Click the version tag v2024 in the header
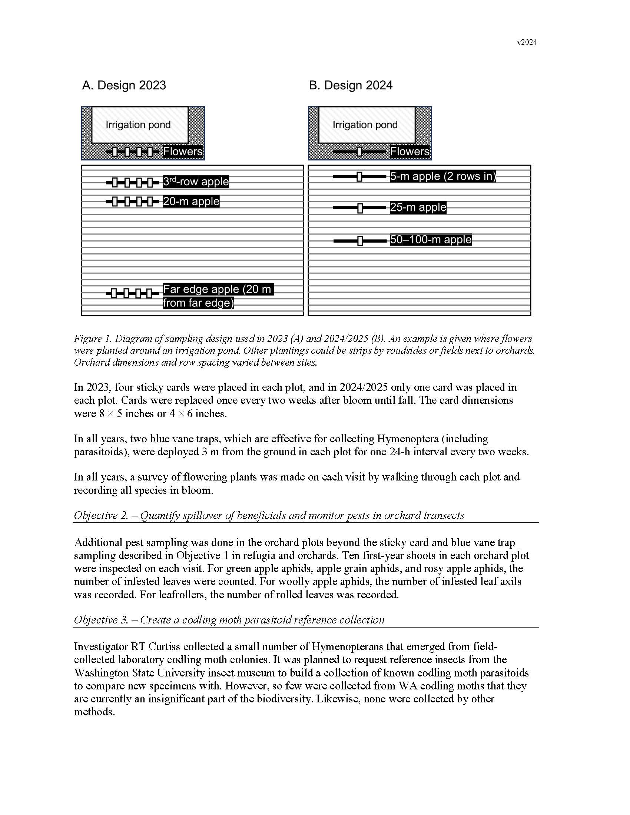point(527,43)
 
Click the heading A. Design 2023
point(124,86)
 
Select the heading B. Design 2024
point(351,86)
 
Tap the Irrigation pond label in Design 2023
point(138,124)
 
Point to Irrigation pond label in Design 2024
point(365,124)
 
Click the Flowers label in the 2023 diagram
point(182,152)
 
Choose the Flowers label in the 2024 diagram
point(409,152)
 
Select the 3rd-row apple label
point(196,182)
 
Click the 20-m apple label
point(191,202)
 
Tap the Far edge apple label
point(218,296)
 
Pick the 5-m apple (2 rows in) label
point(442,176)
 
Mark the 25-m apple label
point(418,207)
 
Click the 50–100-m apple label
point(431,240)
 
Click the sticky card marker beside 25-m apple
point(360,208)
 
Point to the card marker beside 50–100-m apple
point(360,241)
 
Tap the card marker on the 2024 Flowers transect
point(359,152)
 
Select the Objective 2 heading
point(269,515)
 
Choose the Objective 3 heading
point(229,620)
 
